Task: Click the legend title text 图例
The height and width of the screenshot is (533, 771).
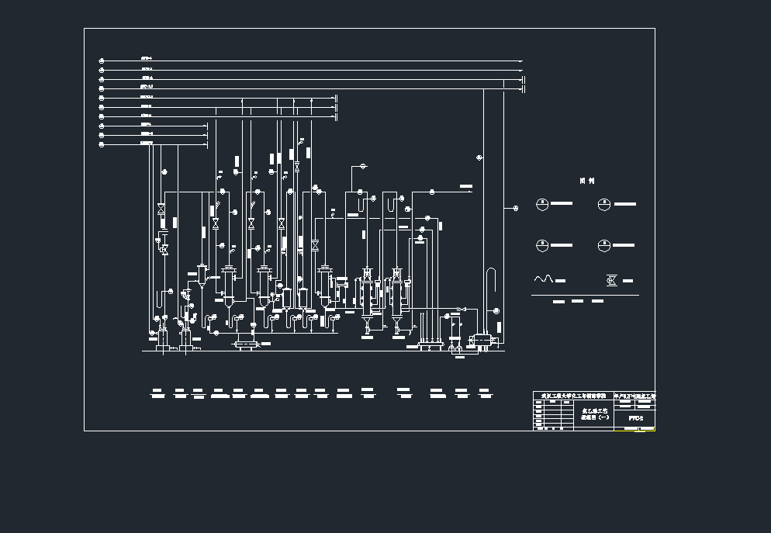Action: click(587, 181)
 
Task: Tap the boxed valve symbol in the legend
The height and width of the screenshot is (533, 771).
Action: click(611, 279)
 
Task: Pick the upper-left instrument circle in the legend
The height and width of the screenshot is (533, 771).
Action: click(542, 204)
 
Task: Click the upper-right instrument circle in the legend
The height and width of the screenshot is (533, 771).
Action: click(604, 204)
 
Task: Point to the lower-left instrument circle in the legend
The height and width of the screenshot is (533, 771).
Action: click(542, 245)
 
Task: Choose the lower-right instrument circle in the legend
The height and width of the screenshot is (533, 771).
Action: click(604, 245)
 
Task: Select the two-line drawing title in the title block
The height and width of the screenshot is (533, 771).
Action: click(595, 414)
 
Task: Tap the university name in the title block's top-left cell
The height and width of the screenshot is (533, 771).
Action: click(572, 396)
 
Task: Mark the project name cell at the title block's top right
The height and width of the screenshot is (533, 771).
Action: click(634, 396)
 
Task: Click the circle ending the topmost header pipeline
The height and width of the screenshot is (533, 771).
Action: click(102, 60)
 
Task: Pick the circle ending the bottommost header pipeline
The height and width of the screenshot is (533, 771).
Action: click(102, 144)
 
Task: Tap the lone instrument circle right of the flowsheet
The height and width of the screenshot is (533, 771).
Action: click(516, 207)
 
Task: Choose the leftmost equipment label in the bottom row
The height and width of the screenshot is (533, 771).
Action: click(157, 393)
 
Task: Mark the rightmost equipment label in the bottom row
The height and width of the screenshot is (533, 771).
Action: click(484, 393)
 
